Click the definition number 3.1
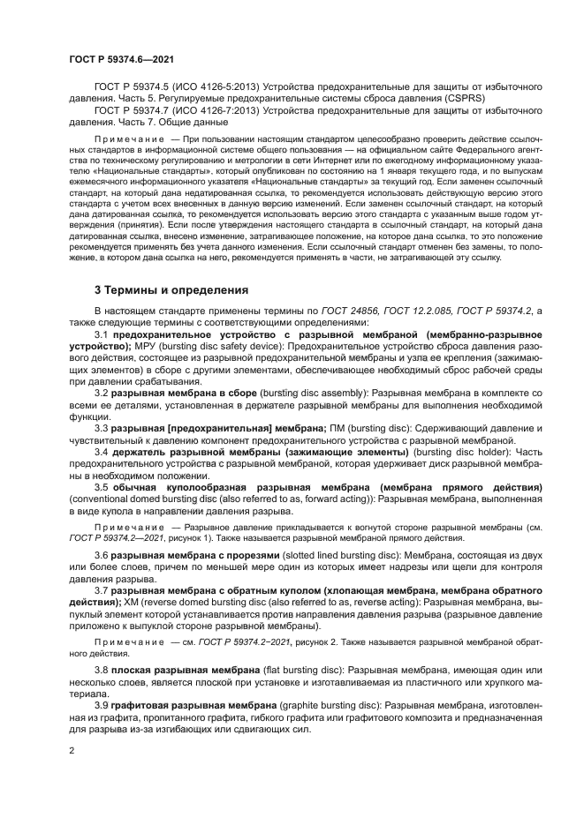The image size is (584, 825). click(101, 335)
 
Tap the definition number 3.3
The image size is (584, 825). click(101, 427)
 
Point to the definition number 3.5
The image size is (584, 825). click(101, 487)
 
